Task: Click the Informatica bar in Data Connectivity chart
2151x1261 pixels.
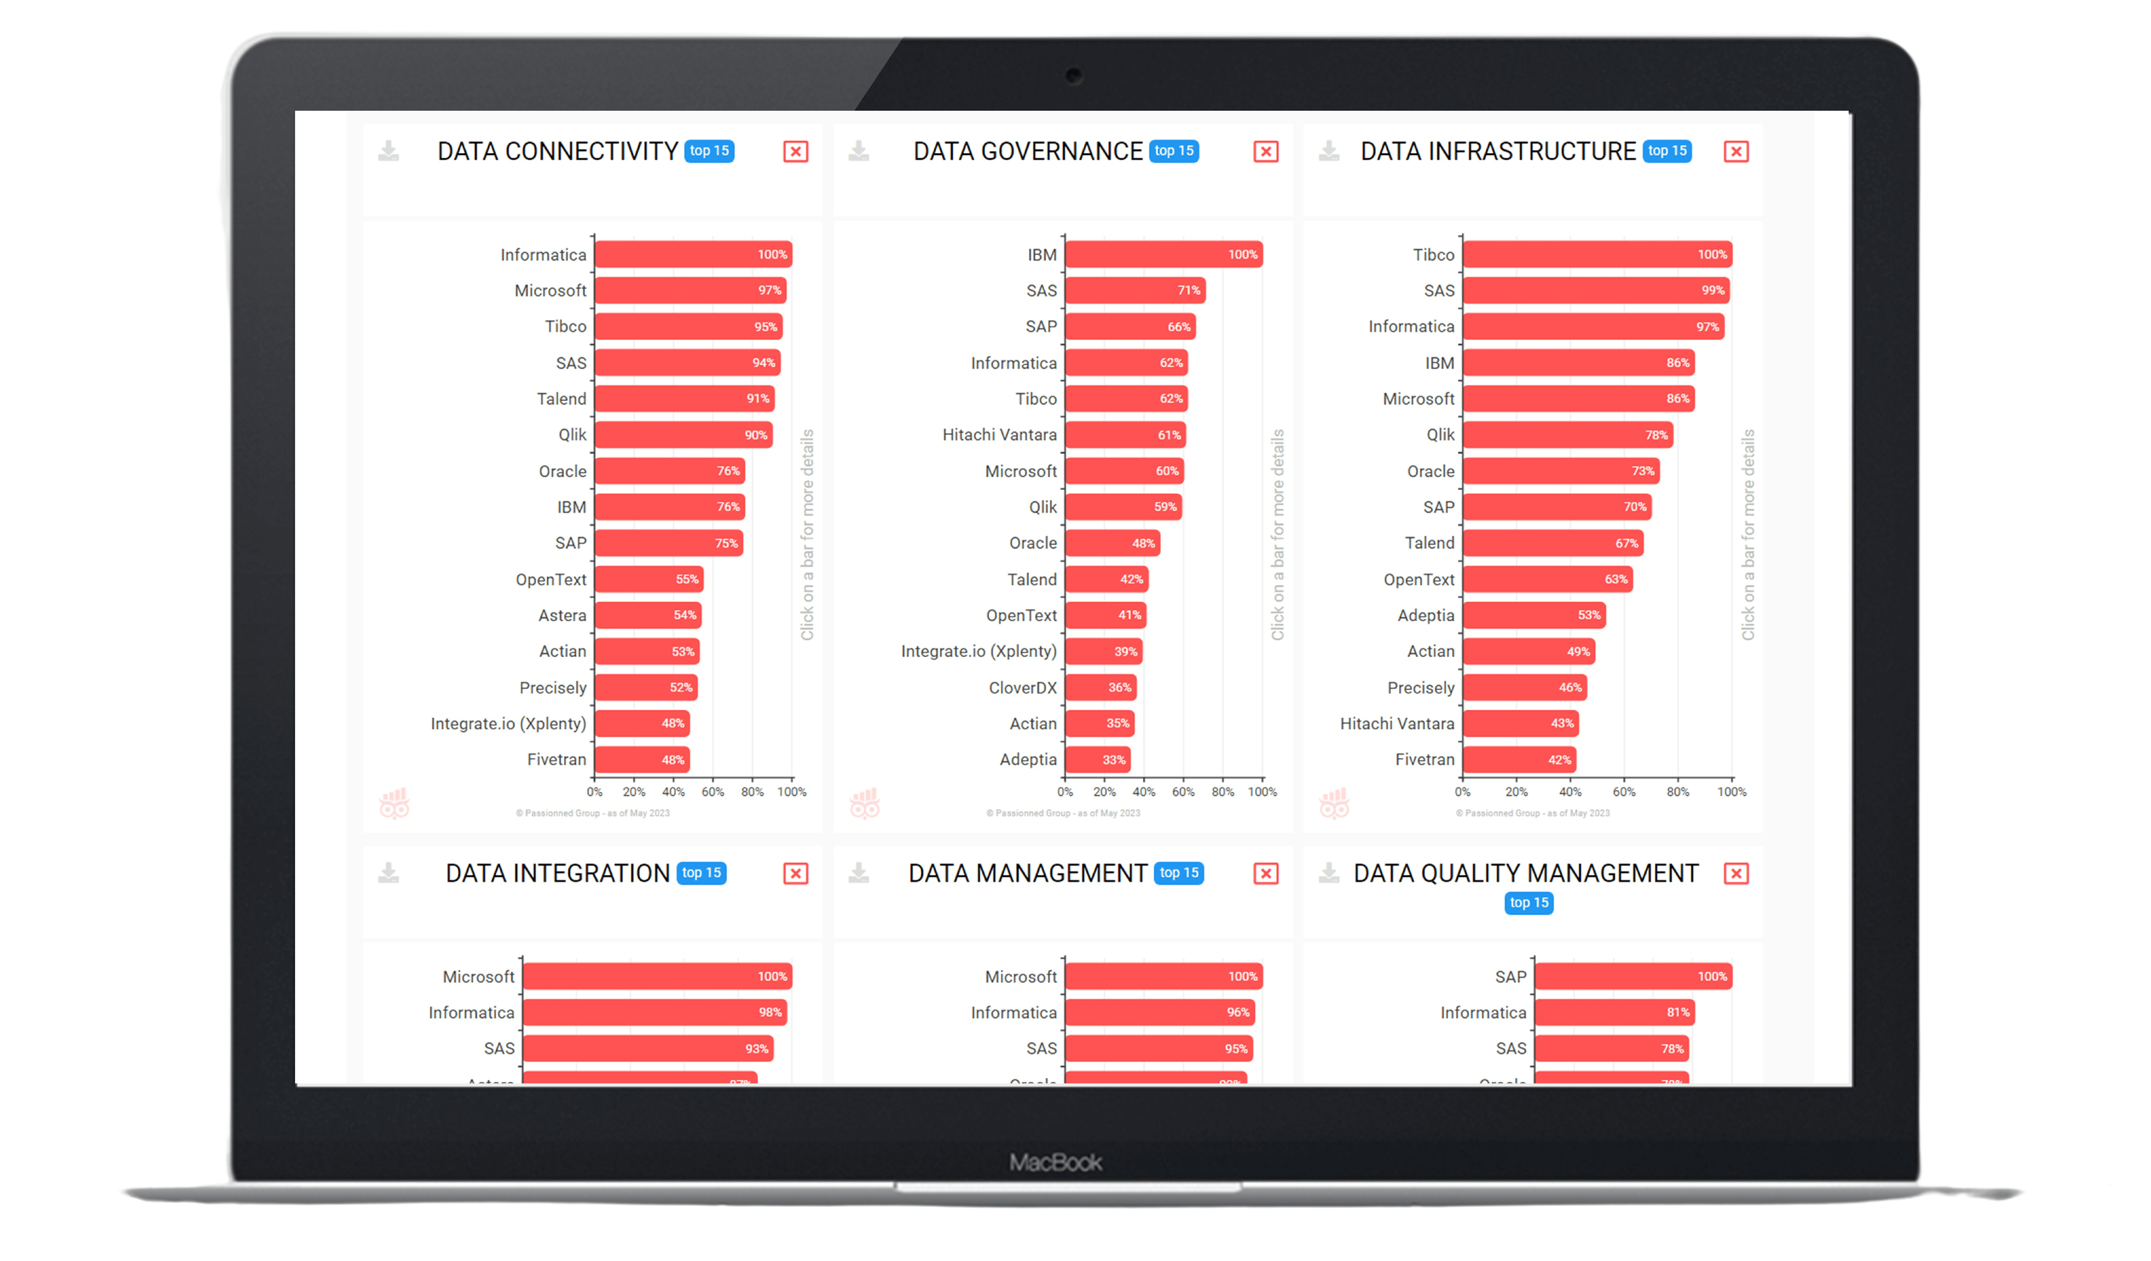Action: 693,254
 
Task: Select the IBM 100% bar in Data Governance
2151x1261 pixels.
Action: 1163,254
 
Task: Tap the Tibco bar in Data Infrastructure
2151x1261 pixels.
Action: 1596,254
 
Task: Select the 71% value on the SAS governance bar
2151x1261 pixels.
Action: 1188,290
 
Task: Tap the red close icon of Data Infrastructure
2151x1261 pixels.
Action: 1735,152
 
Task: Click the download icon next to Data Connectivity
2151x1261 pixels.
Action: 388,152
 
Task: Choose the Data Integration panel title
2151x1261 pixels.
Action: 557,874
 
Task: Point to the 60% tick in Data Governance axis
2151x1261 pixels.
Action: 1183,791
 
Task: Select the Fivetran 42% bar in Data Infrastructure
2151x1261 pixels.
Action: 1519,759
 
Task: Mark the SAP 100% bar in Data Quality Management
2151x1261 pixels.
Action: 1633,976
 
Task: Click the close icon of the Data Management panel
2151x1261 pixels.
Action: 1265,874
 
